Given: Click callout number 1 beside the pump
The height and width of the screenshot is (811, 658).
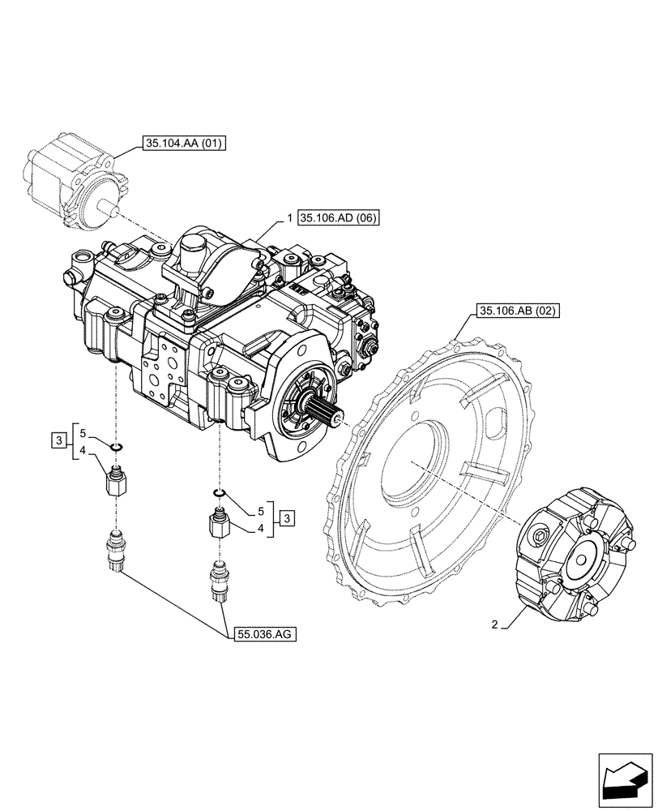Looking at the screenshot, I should click(289, 218).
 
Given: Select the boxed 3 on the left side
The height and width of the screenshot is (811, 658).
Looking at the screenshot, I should click(58, 441).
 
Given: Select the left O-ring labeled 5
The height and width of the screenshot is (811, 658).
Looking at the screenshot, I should click(117, 446).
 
